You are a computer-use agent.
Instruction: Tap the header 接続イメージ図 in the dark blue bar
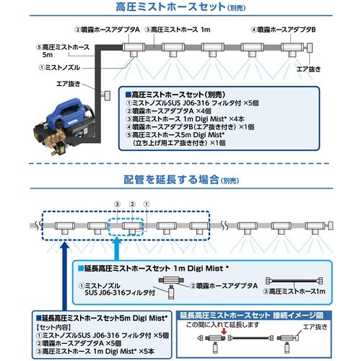tap(298, 315)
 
